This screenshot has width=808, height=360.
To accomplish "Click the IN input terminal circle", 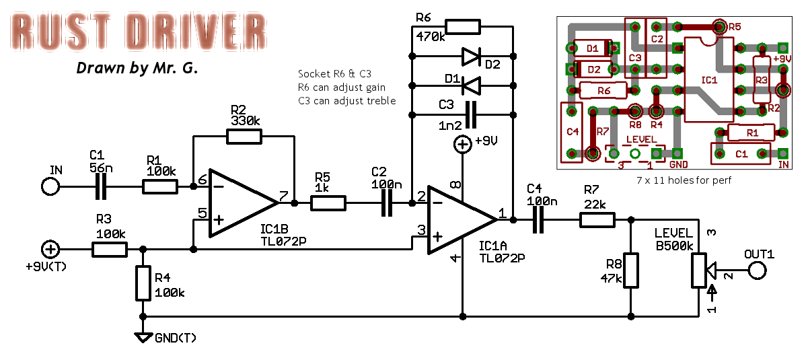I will tap(50, 186).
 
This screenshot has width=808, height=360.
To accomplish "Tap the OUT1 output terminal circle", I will tap(758, 271).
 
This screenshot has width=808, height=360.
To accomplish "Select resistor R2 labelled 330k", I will tap(244, 137).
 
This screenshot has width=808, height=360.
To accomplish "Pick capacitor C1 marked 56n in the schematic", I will tap(101, 186).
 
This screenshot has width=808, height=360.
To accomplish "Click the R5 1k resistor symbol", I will tap(328, 202).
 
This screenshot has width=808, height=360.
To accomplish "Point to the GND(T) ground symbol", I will tap(142, 336).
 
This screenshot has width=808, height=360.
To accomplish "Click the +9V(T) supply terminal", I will tap(50, 250).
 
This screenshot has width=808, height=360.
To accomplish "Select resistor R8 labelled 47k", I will tap(630, 271).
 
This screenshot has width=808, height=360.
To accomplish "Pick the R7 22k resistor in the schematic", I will tap(597, 219).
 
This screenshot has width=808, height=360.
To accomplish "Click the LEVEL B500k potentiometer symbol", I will tap(700, 269).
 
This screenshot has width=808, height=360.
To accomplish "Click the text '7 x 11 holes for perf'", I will tap(683, 180).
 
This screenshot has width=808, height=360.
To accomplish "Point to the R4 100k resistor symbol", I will tap(142, 283).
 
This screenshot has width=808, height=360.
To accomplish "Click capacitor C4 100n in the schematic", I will tap(538, 219).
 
